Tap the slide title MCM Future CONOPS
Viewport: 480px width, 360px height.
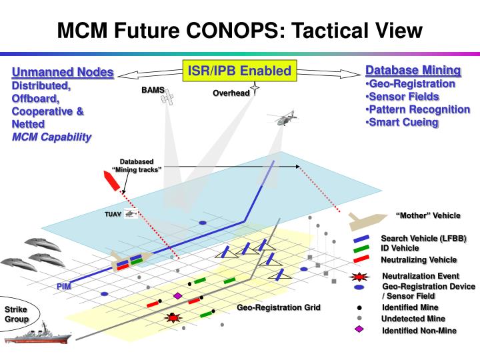tap(239, 30)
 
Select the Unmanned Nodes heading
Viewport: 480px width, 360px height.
tap(63, 73)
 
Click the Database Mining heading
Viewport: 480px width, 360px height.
tap(413, 70)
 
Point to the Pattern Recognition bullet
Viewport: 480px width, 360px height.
tap(419, 109)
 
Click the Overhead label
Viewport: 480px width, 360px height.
tap(231, 93)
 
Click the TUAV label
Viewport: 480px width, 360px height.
tap(111, 215)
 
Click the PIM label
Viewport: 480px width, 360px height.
tap(63, 285)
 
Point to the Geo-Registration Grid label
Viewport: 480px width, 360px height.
tap(279, 307)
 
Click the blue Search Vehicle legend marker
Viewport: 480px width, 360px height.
tap(362, 238)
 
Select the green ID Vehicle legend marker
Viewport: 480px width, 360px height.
tap(362, 248)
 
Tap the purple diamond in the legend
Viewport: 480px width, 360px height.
tap(359, 330)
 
